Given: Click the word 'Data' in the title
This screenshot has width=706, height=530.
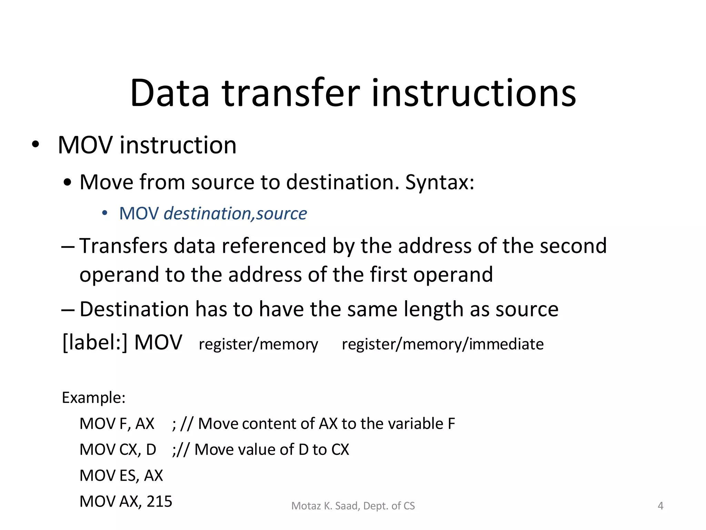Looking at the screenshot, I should (170, 93).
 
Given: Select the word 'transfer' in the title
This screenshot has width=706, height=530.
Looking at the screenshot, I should (291, 93).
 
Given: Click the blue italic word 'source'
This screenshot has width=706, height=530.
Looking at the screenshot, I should (281, 214).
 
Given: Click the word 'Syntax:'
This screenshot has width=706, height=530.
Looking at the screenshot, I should (440, 182).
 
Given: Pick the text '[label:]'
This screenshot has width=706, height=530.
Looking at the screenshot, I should (95, 343).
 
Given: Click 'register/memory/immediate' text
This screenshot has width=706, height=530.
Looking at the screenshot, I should (443, 344).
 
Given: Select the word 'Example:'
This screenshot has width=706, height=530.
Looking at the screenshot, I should (93, 398).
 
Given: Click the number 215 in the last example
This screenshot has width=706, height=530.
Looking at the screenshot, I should (159, 501).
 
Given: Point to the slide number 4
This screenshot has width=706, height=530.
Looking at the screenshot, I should (660, 506).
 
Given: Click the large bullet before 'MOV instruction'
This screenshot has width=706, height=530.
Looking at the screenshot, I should (35, 145).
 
